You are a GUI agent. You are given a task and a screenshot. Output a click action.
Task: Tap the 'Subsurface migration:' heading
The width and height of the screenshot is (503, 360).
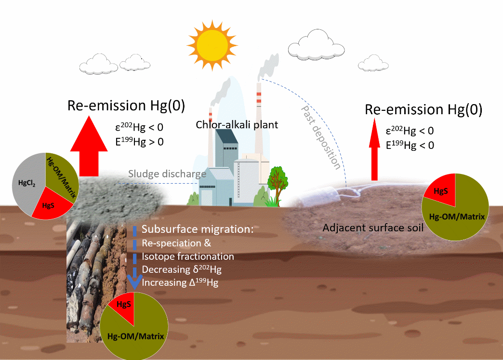[x=198, y=230]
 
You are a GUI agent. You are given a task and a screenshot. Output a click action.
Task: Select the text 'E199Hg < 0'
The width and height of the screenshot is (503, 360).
[x=410, y=145]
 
